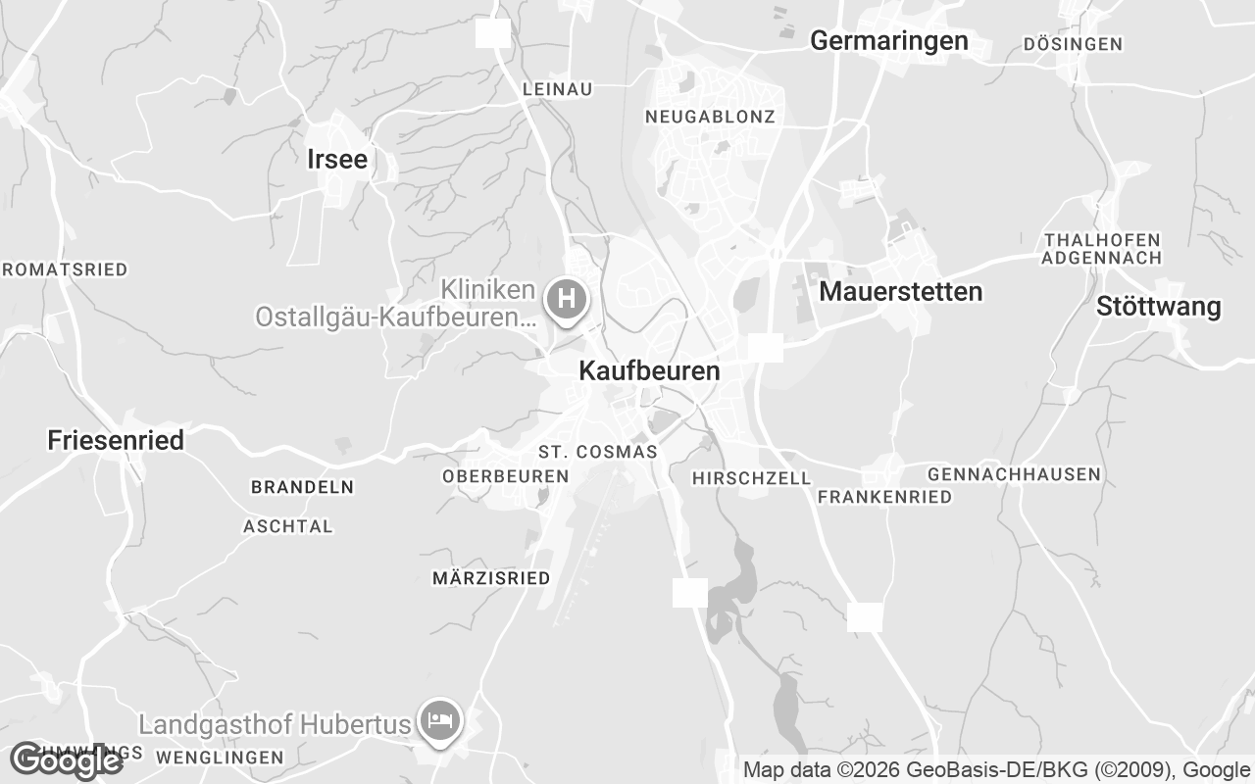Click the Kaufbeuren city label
point(649,371)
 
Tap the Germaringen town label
point(889,41)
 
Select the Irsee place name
point(337,160)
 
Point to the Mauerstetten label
point(900,292)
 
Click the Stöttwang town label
point(1158,308)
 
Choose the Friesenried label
point(116,441)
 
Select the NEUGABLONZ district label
point(710,117)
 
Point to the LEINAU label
point(558,89)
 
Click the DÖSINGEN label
point(1072,44)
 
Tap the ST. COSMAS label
point(597,452)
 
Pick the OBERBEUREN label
point(505,476)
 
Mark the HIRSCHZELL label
point(751,478)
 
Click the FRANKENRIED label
point(883,497)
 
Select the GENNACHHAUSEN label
point(1014,474)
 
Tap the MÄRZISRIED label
point(491,578)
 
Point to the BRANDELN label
point(302,487)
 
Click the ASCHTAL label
point(288,526)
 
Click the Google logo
point(66,760)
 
